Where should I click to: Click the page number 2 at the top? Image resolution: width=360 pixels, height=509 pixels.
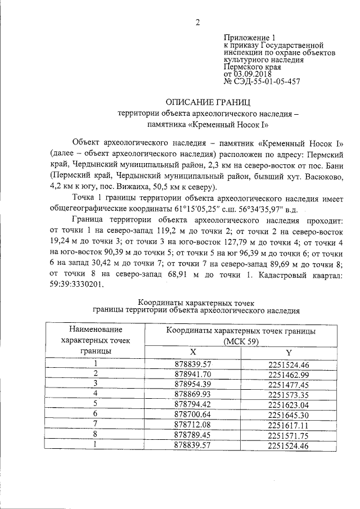tap(197, 22)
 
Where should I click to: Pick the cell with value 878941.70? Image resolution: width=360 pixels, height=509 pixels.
tap(193, 373)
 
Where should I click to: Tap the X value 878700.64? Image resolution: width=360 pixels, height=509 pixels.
tap(193, 415)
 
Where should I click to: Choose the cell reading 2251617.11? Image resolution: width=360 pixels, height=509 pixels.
tap(289, 425)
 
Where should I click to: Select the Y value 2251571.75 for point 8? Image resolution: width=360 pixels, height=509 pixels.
tap(289, 435)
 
